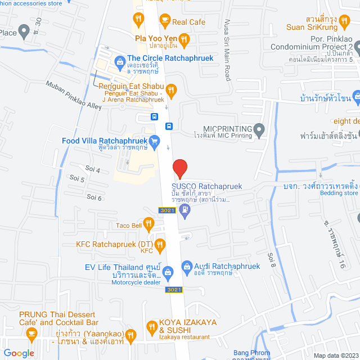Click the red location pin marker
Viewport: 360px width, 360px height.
coord(179,168)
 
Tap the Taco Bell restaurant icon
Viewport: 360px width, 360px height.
coord(148,224)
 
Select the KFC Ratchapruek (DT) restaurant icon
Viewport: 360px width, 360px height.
coord(160,244)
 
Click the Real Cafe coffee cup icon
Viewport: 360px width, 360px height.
coord(164,21)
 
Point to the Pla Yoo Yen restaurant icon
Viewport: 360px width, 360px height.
coord(184,38)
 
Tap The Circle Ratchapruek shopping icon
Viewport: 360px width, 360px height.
coord(119,61)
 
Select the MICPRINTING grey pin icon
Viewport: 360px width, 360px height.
coord(259,131)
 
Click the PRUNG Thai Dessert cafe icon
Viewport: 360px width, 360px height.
coord(31,334)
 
